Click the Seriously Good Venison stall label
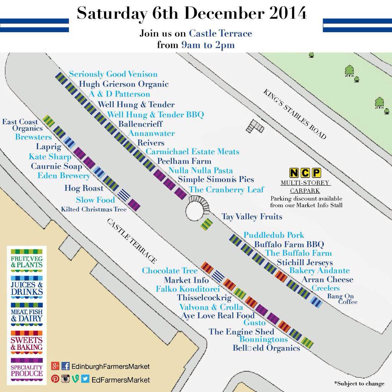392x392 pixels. pos(113,74)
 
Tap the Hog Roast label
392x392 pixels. pos(84,188)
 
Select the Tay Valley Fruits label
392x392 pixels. pos(252,217)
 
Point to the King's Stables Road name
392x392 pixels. pos(295,114)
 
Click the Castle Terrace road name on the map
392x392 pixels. pos(131,241)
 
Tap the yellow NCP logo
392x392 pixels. pos(305,173)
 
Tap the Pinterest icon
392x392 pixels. pos(55,379)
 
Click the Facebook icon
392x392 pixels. pos(65,366)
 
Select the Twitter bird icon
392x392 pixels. pos(85,379)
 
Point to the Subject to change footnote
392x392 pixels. pos(359,383)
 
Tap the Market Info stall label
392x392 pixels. pos(186,280)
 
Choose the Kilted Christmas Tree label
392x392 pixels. pos(94,209)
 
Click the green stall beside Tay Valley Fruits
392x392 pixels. pos(206,224)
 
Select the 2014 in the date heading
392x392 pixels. pos(285,14)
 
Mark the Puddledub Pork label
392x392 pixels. pos(274,235)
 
